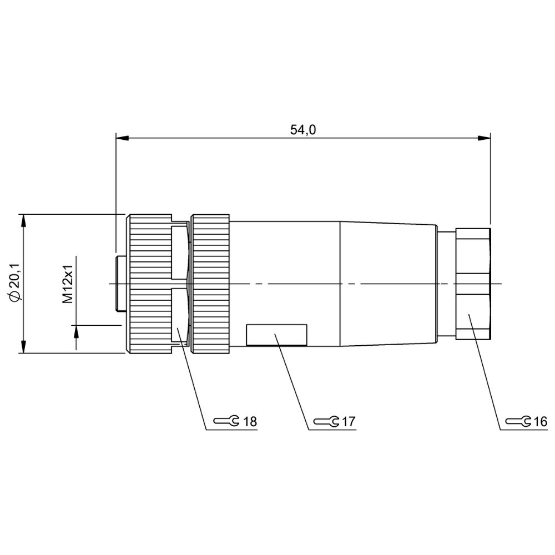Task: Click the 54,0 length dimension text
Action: click(x=303, y=130)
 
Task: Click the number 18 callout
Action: click(x=250, y=422)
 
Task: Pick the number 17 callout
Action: click(x=349, y=422)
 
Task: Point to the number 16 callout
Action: click(x=541, y=422)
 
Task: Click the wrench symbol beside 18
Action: click(x=226, y=421)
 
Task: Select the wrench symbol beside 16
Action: click(x=518, y=421)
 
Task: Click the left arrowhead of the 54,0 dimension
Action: click(x=122, y=138)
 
